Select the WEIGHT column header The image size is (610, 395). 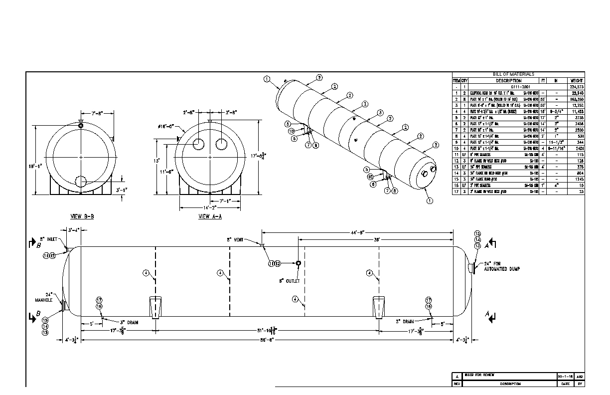click(x=577, y=80)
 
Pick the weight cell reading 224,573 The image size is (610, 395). click(x=577, y=87)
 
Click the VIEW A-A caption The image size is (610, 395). click(x=211, y=216)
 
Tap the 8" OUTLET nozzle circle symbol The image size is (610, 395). click(x=298, y=264)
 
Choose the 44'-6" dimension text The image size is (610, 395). click(x=357, y=232)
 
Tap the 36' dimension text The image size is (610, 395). click(x=377, y=239)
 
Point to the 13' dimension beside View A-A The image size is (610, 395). click(x=156, y=161)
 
